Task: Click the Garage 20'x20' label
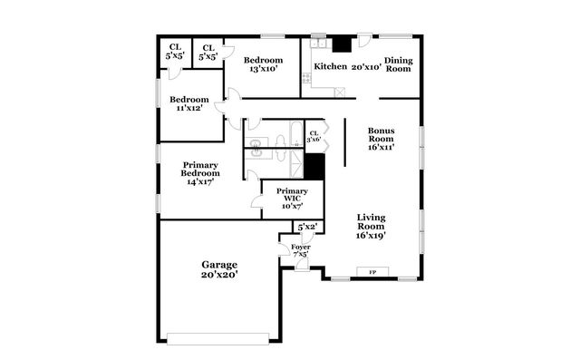tap(219, 268)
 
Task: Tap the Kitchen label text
tap(330, 66)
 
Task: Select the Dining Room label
tap(399, 64)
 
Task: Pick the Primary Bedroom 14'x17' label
tap(199, 173)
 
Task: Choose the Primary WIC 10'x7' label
tap(292, 199)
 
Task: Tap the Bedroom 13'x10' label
tap(263, 64)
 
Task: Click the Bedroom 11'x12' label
tap(190, 103)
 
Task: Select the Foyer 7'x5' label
tap(300, 251)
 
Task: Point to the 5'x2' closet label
tap(305, 227)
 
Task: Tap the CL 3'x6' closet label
tap(314, 136)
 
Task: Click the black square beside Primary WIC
tap(314, 167)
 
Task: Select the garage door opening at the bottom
tap(217, 339)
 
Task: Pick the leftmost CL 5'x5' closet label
tap(174, 52)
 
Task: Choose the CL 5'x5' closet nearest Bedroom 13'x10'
tap(208, 52)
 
